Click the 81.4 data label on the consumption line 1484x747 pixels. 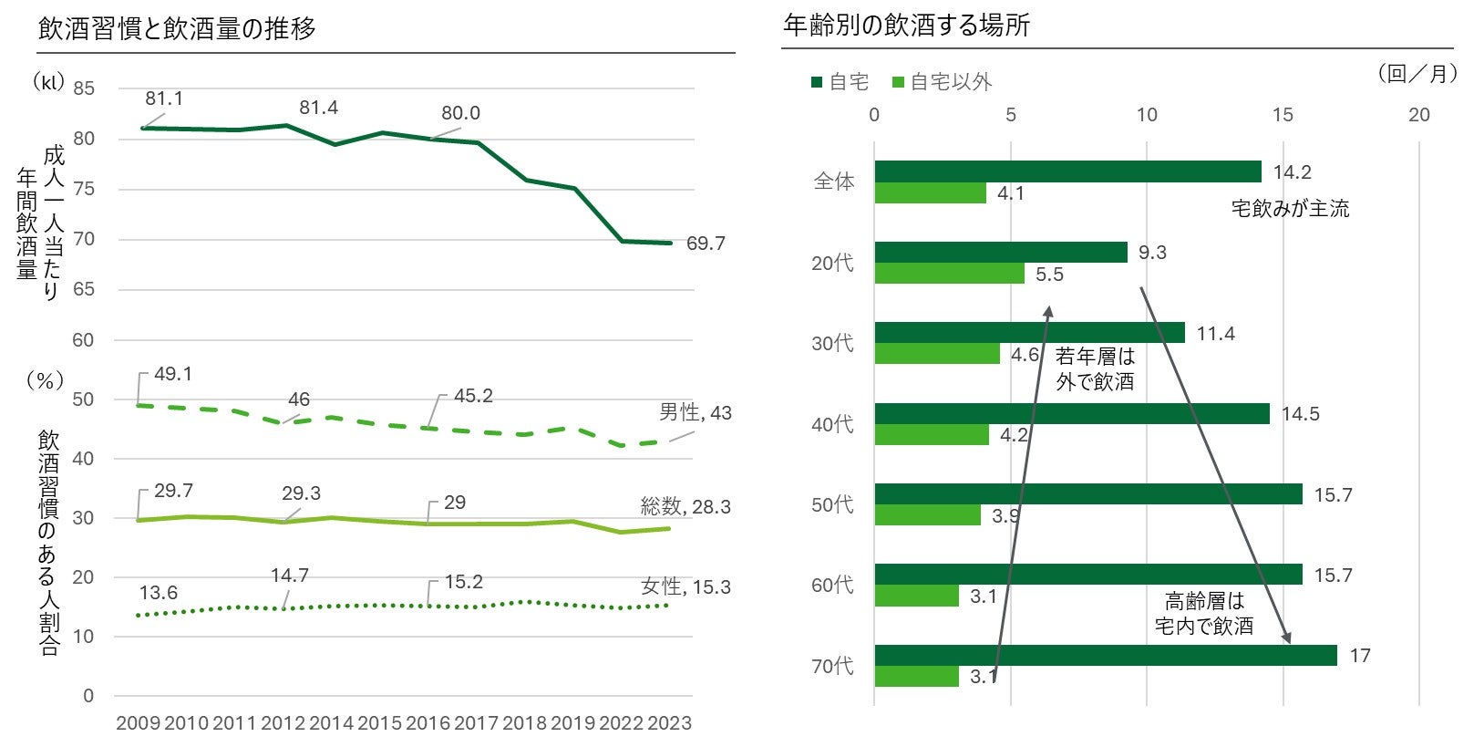pos(318,108)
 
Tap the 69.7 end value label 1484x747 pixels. pos(706,244)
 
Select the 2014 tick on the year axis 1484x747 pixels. pos(331,723)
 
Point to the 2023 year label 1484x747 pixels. pos(669,723)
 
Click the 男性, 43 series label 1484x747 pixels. pos(696,413)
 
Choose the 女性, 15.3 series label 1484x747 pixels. pos(685,587)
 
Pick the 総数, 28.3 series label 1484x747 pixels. pos(685,507)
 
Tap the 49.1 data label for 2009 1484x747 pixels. pos(172,375)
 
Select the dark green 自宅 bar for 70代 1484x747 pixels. pos(1105,655)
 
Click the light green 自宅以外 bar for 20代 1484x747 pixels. pos(949,274)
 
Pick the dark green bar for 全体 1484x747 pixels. pos(1067,171)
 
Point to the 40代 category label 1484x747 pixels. pos(832,424)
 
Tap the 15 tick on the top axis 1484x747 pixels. pos(1283,115)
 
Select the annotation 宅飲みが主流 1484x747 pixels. pos(1290,209)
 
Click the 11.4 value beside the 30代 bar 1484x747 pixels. pos(1215,334)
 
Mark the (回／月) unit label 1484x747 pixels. pos(1417,74)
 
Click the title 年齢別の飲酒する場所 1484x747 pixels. pos(906,26)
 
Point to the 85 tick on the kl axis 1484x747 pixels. pos(84,88)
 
